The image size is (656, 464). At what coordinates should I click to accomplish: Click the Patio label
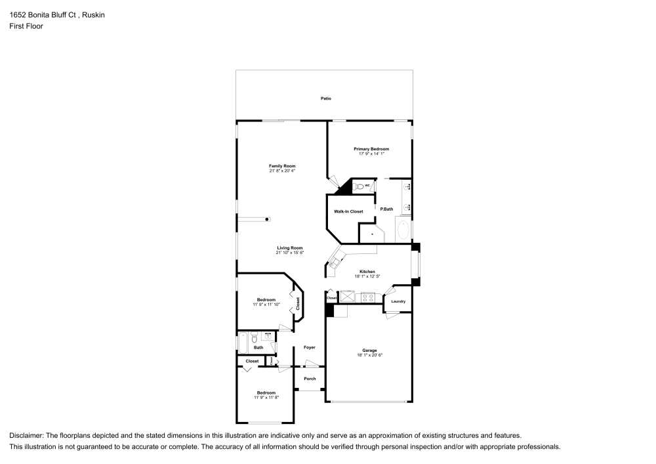[x=325, y=98]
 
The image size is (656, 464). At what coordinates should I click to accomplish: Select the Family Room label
[x=282, y=166]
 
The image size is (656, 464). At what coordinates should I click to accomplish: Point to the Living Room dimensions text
[x=289, y=253]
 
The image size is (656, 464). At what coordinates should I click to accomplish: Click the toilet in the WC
[x=358, y=187]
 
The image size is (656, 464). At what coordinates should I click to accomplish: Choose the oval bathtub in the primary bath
[x=403, y=230]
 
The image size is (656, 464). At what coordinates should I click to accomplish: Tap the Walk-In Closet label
[x=348, y=211]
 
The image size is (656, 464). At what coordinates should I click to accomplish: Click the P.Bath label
[x=386, y=209]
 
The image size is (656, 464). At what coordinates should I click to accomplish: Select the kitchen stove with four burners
[x=368, y=297]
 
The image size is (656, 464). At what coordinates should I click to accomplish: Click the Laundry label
[x=398, y=302]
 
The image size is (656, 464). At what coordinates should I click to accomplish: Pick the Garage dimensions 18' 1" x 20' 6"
[x=369, y=355]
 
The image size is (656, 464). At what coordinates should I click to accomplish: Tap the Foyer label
[x=309, y=347]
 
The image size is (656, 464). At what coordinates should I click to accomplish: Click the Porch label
[x=310, y=379]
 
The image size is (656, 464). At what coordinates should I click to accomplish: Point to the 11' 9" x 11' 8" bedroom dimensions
[x=266, y=398]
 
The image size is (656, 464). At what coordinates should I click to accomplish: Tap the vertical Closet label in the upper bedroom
[x=297, y=303]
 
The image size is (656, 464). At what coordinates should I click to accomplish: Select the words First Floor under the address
[x=26, y=26]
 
